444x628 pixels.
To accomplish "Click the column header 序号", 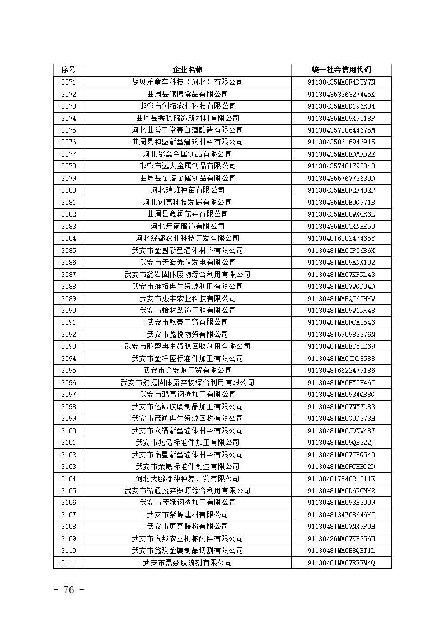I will [x=68, y=69].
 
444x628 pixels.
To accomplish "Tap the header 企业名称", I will [x=188, y=69].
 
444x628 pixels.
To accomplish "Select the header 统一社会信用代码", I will [x=341, y=69].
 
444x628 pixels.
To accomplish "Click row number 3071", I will [x=68, y=82].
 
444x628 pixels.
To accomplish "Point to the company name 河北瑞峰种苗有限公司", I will [x=188, y=190].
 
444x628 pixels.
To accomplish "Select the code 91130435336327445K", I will [x=341, y=94].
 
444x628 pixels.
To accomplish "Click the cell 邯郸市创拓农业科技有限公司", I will [x=188, y=106].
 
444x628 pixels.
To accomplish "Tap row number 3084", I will [x=68, y=238].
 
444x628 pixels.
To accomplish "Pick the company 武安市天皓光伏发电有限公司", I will [x=188, y=262].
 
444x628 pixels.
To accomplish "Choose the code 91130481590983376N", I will [x=341, y=334].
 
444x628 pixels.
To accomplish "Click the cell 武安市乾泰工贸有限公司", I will [x=188, y=322].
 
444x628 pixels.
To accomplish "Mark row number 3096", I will [x=68, y=382].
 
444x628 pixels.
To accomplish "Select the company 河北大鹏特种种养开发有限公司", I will [x=188, y=479].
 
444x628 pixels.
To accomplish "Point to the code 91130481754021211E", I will [x=341, y=479].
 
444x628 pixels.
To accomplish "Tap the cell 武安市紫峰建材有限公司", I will [x=188, y=514].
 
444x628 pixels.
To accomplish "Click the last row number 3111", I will [x=68, y=563].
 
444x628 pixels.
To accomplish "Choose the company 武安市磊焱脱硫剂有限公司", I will [x=188, y=563].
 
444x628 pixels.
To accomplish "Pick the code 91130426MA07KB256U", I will [x=341, y=538].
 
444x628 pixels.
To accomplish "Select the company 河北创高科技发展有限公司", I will [x=188, y=202].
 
